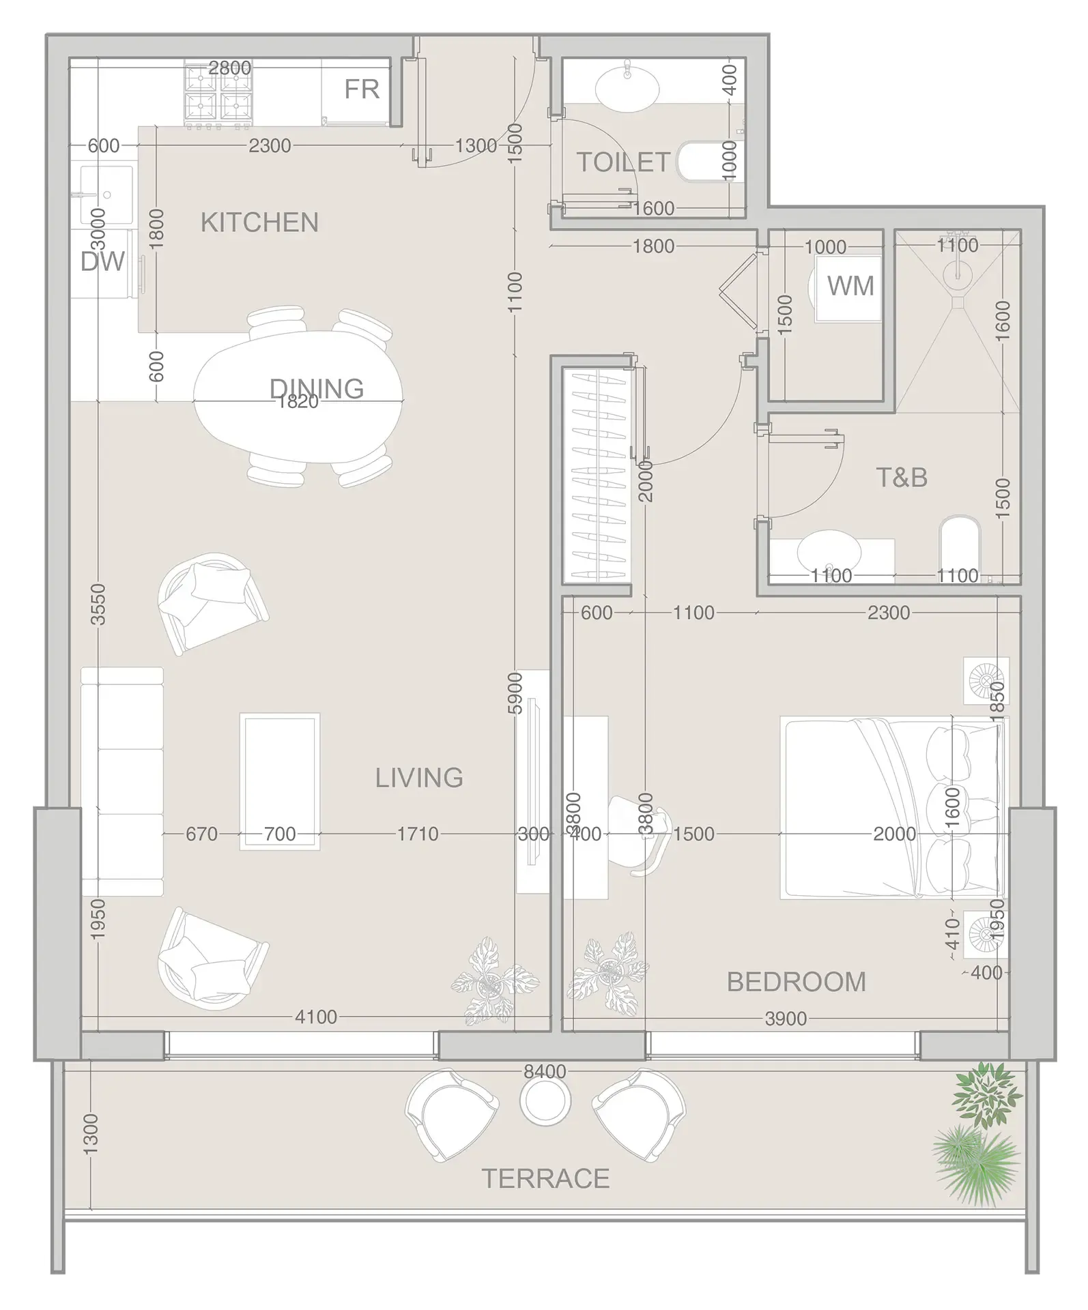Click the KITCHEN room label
tap(259, 223)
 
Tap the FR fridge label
tap(361, 89)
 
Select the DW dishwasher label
tap(102, 261)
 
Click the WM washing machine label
tap(850, 286)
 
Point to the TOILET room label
tap(623, 162)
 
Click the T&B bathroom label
tap(902, 478)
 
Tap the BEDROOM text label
tap(797, 982)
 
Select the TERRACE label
tap(545, 1178)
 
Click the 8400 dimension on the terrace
tap(545, 1071)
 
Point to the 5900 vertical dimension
tap(515, 693)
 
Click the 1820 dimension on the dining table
tap(298, 402)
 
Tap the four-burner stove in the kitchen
tap(218, 96)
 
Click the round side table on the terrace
tap(545, 1101)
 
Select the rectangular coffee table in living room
tap(280, 781)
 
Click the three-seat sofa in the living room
tap(122, 781)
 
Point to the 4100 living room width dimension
tap(316, 1017)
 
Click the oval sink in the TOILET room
tap(627, 87)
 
